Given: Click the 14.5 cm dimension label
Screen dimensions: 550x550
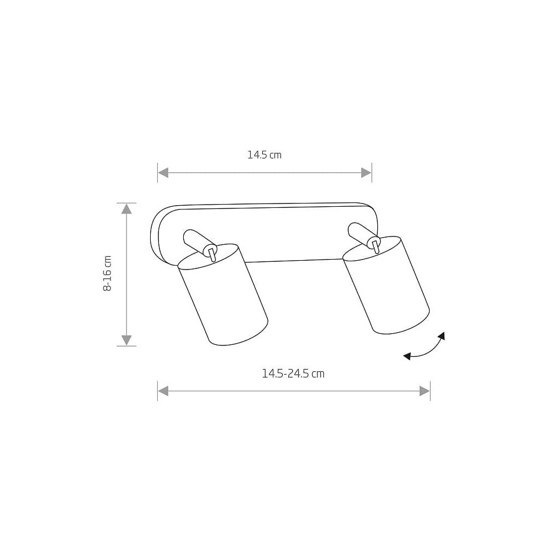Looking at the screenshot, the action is (265, 155).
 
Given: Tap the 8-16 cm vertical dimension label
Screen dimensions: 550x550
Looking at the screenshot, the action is (107, 273).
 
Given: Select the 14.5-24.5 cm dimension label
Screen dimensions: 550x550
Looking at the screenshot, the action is (293, 373).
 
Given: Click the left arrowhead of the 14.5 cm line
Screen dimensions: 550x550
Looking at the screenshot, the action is (163, 173).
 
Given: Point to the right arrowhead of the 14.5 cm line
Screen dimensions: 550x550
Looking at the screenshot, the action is (366, 173).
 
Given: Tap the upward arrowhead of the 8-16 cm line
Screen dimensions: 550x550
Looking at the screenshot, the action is (127, 209).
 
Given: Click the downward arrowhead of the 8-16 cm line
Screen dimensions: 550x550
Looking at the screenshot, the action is (127, 340).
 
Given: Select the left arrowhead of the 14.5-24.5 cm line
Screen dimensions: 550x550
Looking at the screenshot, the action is (163, 391).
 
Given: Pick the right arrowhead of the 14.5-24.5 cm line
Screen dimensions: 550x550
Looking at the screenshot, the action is (425, 391).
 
